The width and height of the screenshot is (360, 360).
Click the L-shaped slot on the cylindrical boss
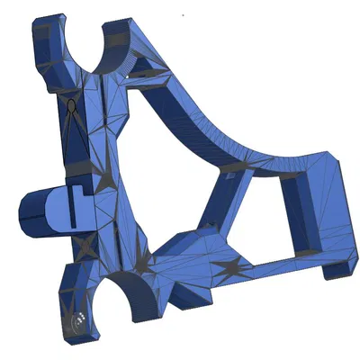coord(79,190)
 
